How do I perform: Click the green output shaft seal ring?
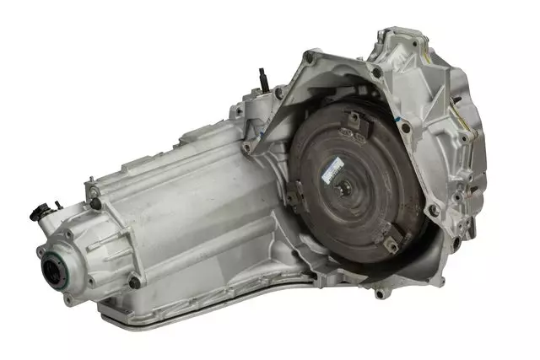(57, 271)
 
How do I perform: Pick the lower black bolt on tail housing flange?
(134, 282)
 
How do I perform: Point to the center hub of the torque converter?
(343, 186)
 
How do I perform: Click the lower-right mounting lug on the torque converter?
(389, 244)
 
